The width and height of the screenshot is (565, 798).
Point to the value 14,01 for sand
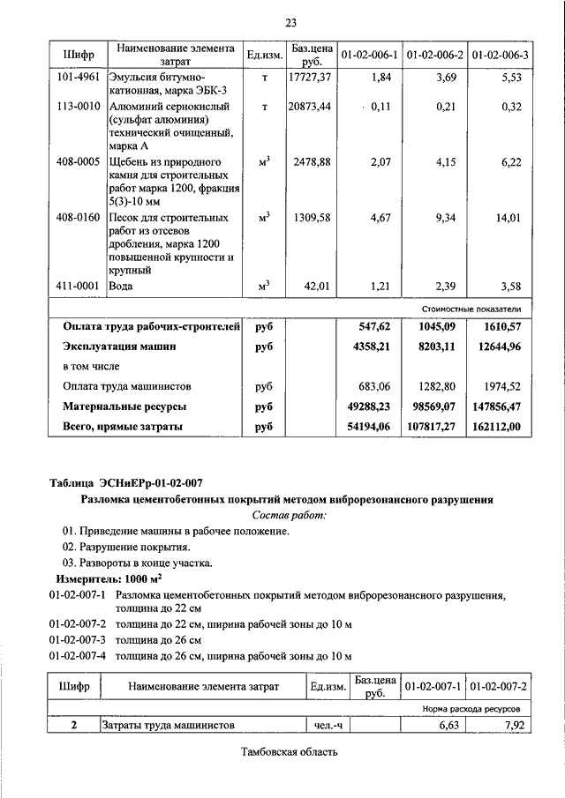(x=507, y=218)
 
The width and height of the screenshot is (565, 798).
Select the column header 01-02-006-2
(x=434, y=56)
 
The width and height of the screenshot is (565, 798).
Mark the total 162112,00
(x=499, y=427)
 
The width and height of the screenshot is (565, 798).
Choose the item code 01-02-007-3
(x=78, y=639)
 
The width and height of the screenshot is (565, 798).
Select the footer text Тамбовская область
(x=289, y=752)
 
